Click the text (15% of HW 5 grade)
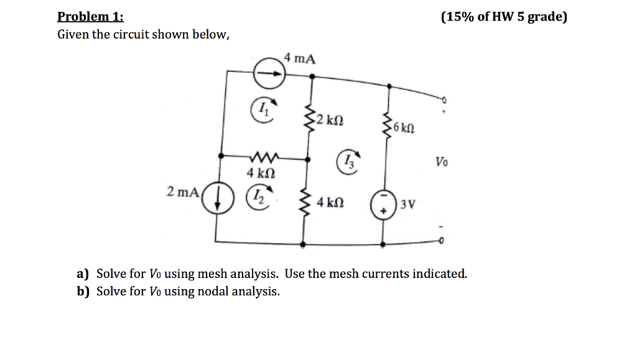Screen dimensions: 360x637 point(504,17)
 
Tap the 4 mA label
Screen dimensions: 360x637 point(299,59)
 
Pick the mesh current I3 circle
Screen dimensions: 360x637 point(349,162)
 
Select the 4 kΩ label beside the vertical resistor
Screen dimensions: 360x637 point(329,203)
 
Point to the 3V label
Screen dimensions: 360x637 point(407,203)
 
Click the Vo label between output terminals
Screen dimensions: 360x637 point(440,163)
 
